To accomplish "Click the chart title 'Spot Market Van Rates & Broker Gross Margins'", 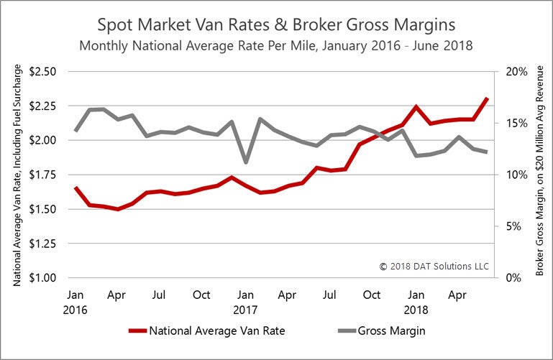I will click(x=277, y=25).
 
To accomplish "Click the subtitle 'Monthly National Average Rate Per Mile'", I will click(x=277, y=47).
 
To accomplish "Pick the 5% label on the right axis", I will click(x=515, y=226).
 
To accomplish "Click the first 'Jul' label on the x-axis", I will click(x=160, y=295).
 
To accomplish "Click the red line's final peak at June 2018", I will click(x=487, y=98).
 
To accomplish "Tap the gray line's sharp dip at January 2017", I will click(x=246, y=162).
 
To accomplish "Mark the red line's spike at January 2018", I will click(x=416, y=106).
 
